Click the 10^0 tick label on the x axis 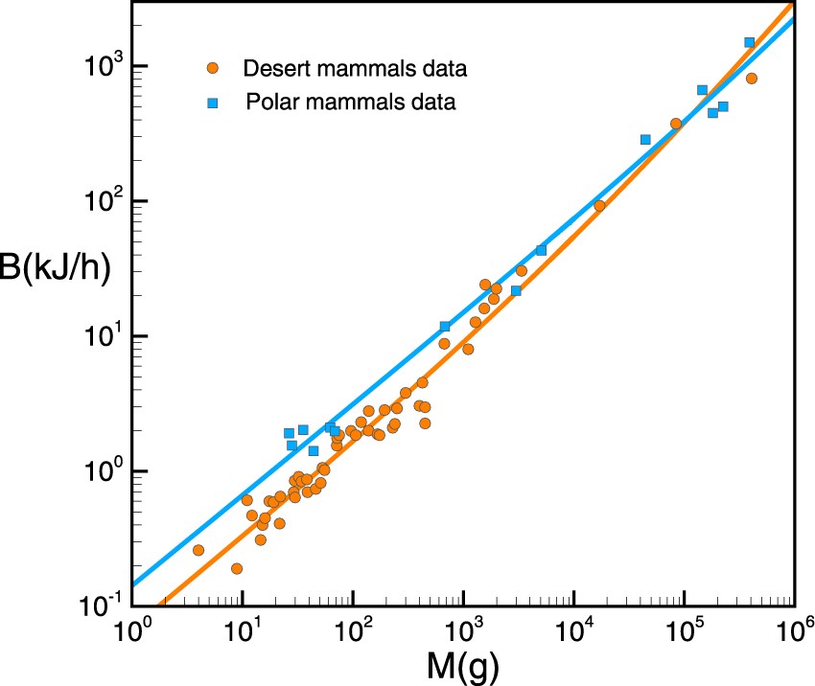point(131,629)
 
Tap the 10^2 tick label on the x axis point(353,629)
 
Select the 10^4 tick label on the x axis point(573,629)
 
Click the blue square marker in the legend point(213,102)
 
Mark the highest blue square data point point(750,42)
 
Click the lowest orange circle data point point(237,568)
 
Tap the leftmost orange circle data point point(198,550)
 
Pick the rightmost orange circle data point point(752,79)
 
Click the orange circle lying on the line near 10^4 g point(599,205)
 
